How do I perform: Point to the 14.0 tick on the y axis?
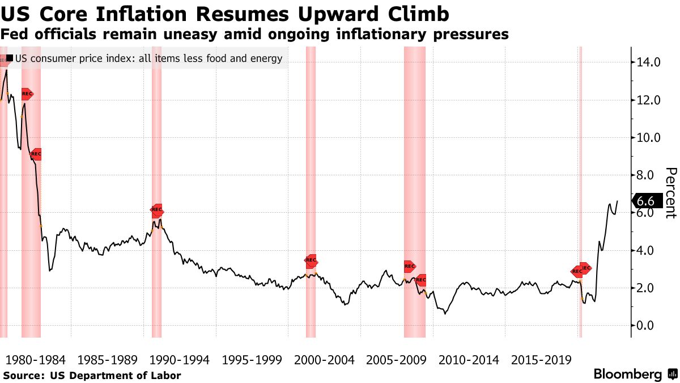point(649,62)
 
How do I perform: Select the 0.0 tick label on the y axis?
point(649,326)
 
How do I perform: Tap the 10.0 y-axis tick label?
point(649,138)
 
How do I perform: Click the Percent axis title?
point(670,193)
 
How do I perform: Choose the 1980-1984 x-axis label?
point(35,360)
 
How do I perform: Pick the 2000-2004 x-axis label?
point(325,360)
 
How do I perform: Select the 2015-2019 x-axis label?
point(542,360)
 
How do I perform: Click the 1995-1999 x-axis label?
point(252,360)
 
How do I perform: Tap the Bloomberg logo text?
point(628,374)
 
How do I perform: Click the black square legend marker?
point(10,58)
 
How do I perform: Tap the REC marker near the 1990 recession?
point(157,209)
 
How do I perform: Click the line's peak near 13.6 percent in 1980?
point(6,70)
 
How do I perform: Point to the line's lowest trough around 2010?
point(445,313)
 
